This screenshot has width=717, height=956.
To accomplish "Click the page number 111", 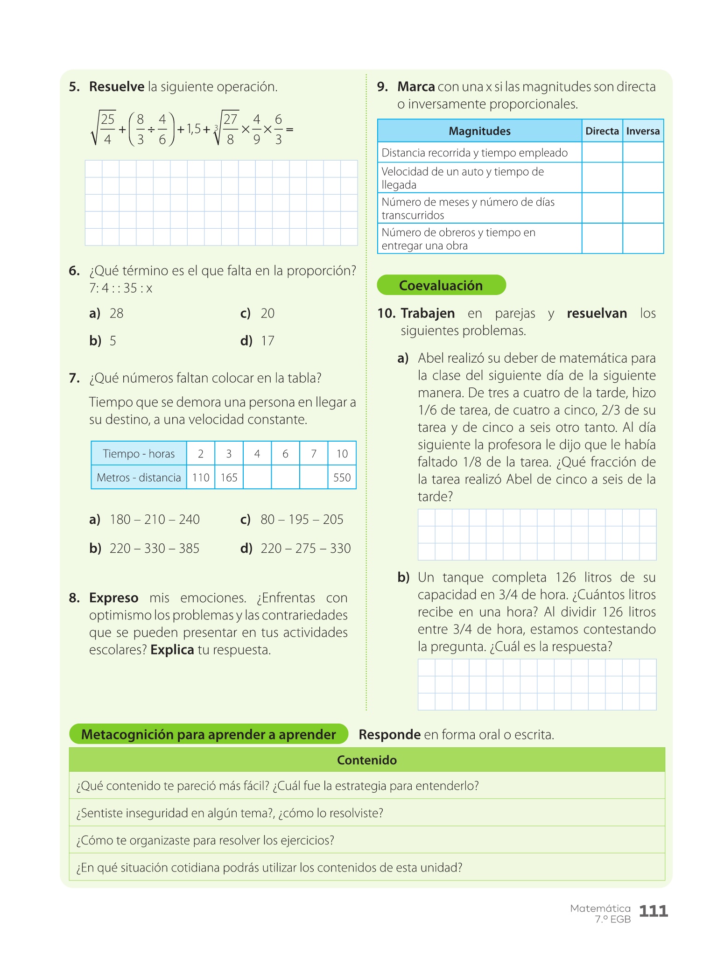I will coord(653,911).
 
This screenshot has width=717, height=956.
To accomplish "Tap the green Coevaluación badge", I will coord(441,285).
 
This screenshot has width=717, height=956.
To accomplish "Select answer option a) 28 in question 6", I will coord(107,313).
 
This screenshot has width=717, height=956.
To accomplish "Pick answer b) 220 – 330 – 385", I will coord(145,548).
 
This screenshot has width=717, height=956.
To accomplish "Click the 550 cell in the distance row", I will coord(342,478).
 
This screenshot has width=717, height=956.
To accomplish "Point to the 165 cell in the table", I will coord(229,478).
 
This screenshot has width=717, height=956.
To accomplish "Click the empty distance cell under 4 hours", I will coord(257,478).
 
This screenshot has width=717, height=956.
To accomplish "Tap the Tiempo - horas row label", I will coord(139,454).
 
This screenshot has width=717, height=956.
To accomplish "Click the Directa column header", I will coord(602,131).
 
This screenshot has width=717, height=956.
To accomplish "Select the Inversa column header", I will coord(643,131).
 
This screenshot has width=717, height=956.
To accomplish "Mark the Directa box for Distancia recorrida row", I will coord(602,153).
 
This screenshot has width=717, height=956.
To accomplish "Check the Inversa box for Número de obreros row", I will coord(643,239).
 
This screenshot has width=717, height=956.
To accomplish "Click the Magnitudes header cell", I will coord(479,131).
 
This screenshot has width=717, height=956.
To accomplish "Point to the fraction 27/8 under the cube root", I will coord(231,129).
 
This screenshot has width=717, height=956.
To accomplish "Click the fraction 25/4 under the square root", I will coord(107,129).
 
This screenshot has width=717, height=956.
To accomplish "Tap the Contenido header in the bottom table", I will coord(367,760).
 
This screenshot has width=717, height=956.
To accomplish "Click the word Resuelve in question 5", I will coord(117,87).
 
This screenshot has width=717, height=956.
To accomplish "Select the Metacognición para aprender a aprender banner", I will coord(208,734).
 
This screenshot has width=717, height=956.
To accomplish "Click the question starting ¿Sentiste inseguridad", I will coord(230,813).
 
